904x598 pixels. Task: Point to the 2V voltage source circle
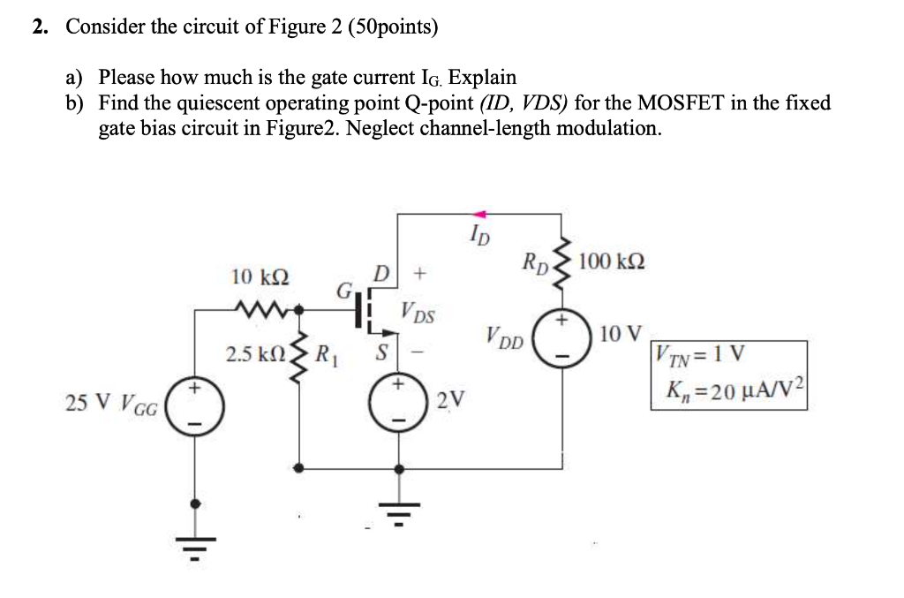[x=400, y=403]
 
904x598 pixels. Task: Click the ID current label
[x=480, y=236]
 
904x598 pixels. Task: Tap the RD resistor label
[x=535, y=262]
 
